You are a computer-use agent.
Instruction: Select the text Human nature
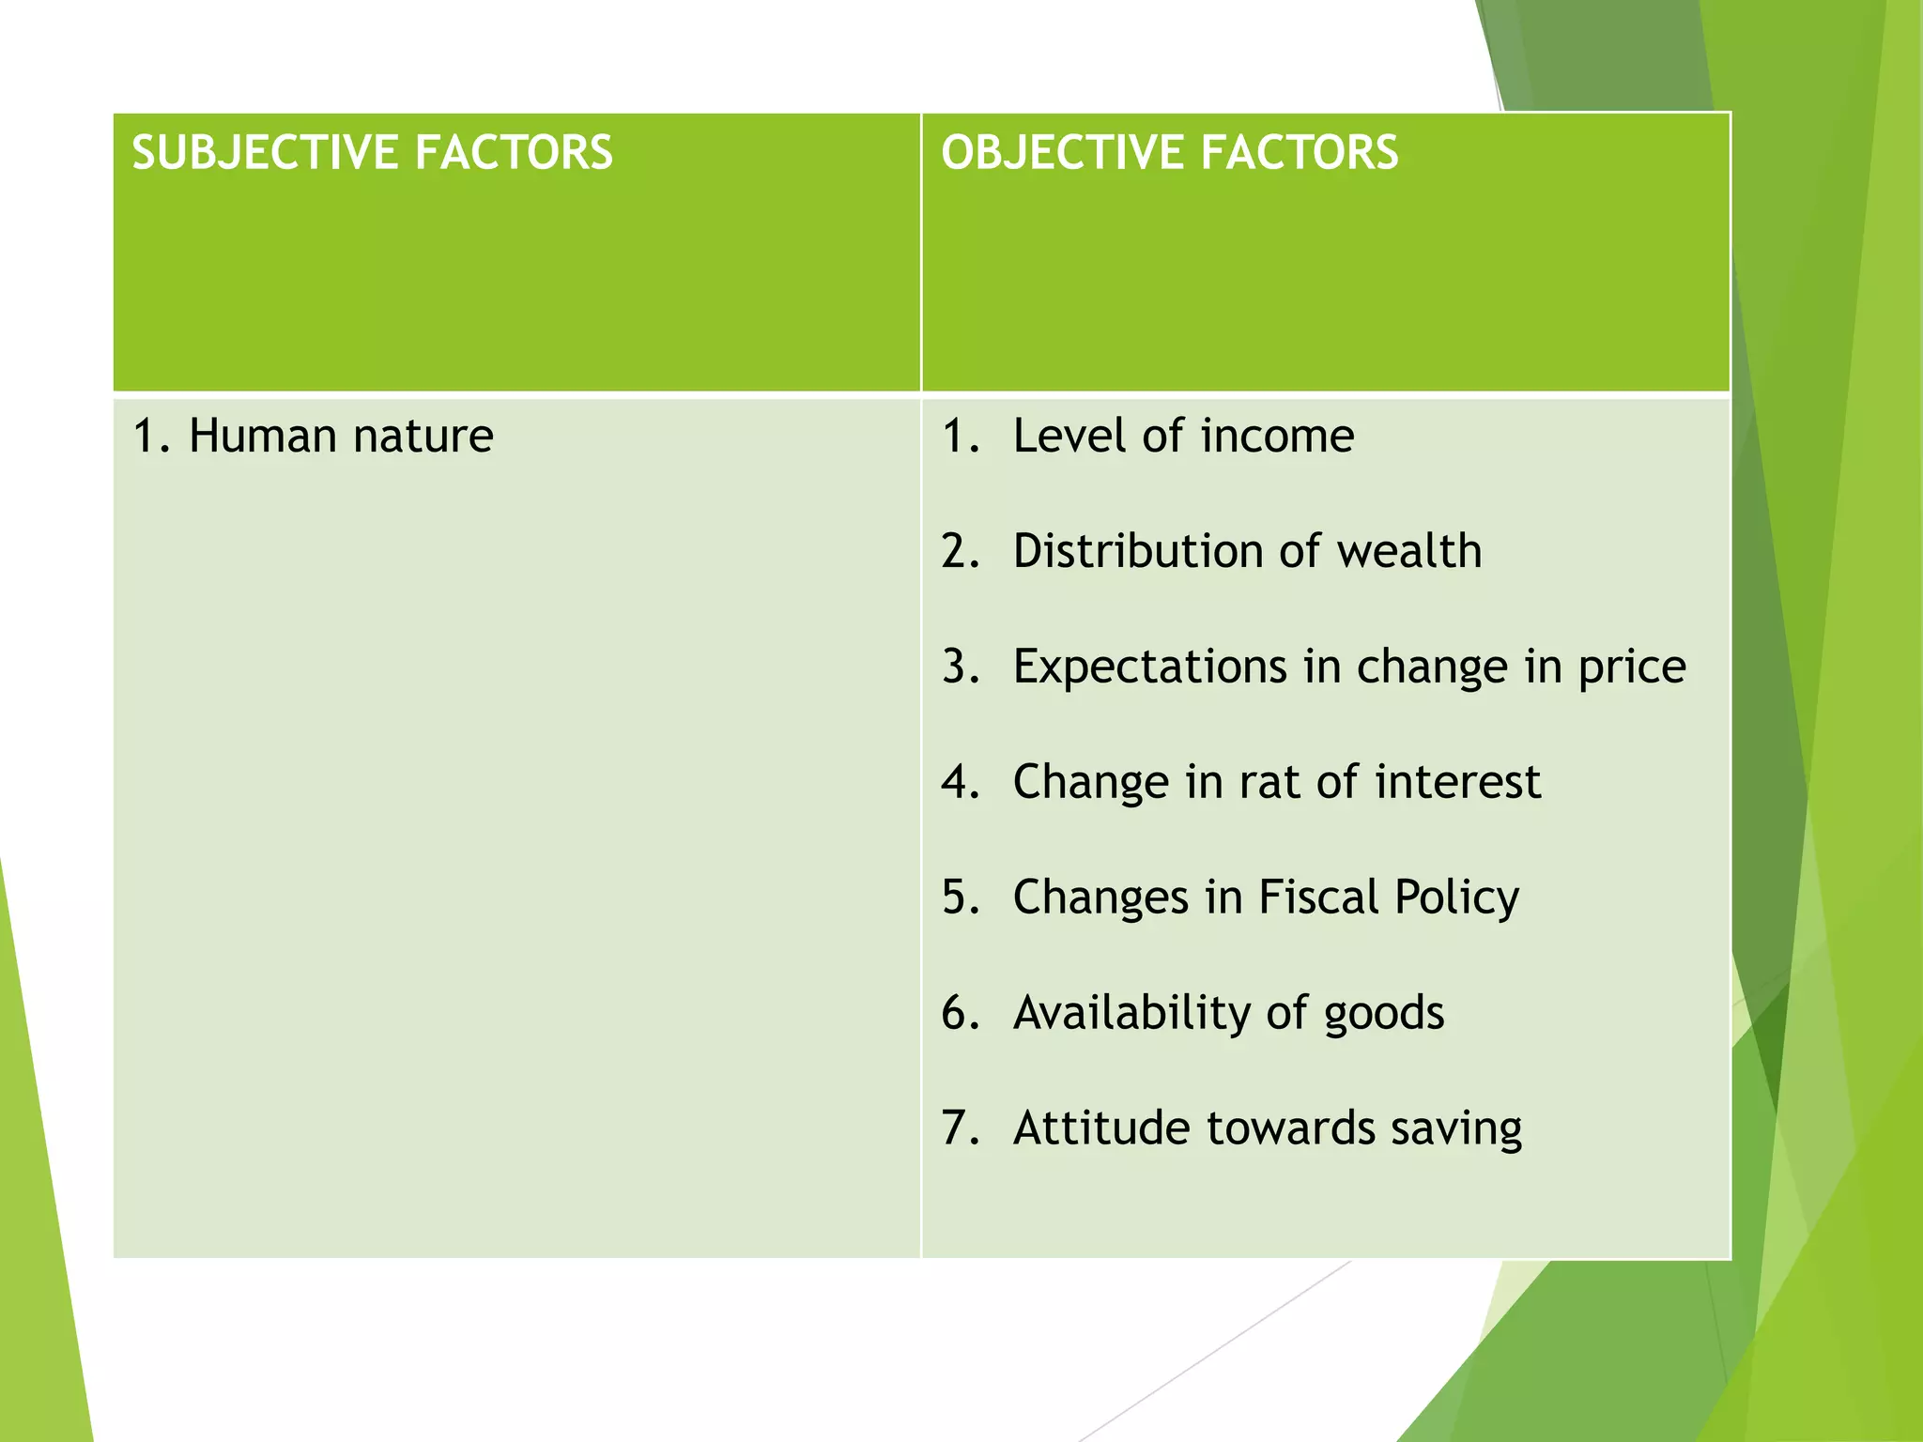pos(340,437)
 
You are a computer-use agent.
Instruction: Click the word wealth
pos(1409,551)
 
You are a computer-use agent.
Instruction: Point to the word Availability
pos(1131,1013)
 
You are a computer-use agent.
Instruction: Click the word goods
pos(1384,1015)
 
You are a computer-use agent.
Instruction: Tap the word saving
pos(1456,1129)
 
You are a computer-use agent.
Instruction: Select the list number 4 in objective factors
pos(958,782)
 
